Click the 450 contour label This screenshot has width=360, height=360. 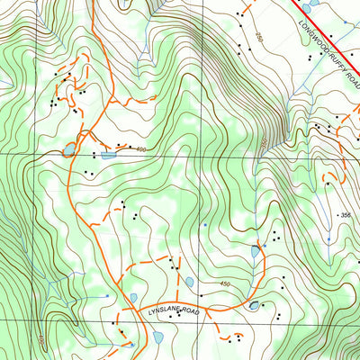pyautogui.click(x=224, y=284)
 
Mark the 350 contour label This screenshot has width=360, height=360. pyautogui.click(x=264, y=144)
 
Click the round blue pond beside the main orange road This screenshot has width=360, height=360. pyautogui.click(x=68, y=149)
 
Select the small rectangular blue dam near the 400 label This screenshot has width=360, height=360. pyautogui.click(x=108, y=156)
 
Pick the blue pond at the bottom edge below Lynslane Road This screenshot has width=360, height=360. pyautogui.click(x=158, y=337)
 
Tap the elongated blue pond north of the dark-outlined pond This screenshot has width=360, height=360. pyautogui.click(x=255, y=252)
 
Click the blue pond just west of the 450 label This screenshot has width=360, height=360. pyautogui.click(x=190, y=282)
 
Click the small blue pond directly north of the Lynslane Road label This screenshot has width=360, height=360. pyautogui.click(x=133, y=297)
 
